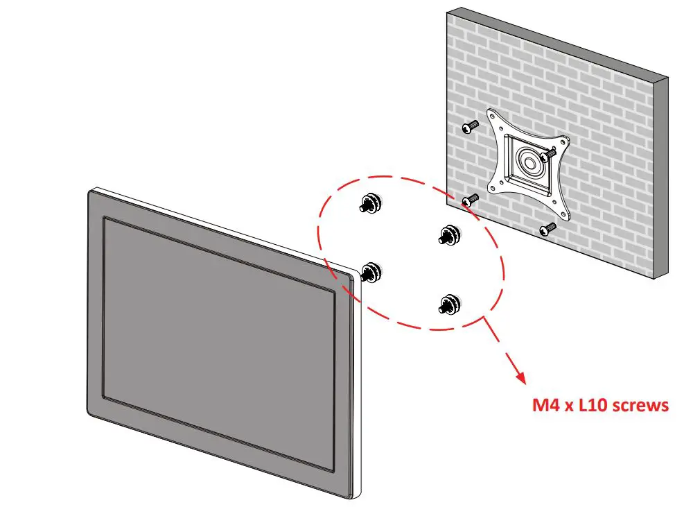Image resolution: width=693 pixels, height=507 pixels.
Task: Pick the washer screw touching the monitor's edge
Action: (x=371, y=273)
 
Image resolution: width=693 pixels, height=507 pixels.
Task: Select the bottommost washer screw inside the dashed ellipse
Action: (x=450, y=304)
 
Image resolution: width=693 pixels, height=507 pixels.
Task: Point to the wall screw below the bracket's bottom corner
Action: (x=548, y=227)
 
